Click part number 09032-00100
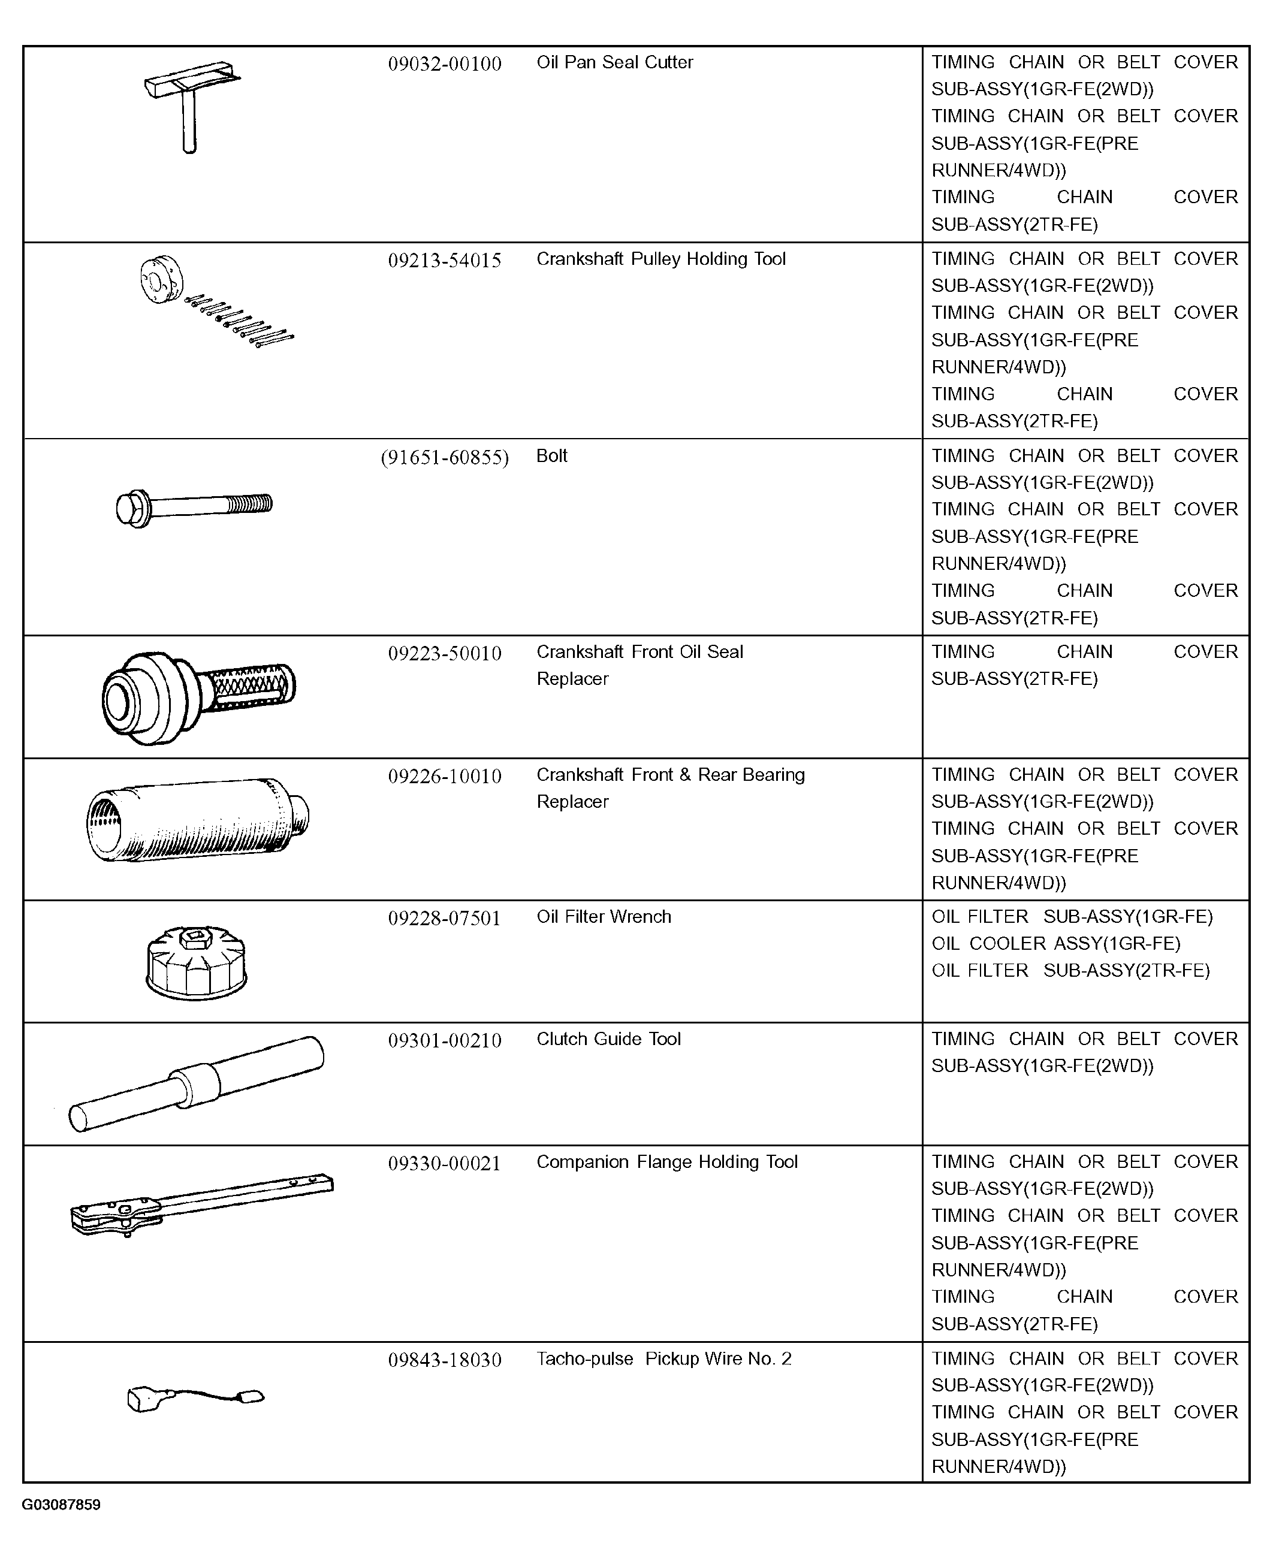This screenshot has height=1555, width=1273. tap(444, 64)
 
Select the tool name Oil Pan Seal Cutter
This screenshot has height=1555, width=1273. tap(614, 62)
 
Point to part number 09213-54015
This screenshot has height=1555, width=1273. tap(444, 260)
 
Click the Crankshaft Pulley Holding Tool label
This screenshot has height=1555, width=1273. tap(660, 259)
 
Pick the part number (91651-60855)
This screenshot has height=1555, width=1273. tap(444, 457)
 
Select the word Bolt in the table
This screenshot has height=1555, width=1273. tap(551, 455)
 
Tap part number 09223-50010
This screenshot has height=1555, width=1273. tap(444, 653)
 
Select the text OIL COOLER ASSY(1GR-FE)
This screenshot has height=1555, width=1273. tap(1056, 944)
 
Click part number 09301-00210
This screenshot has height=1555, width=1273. tap(444, 1040)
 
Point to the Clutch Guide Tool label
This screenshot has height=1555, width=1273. tap(609, 1039)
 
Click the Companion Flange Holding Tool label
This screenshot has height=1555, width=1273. tap(666, 1162)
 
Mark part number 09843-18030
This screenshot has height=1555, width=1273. tap(444, 1360)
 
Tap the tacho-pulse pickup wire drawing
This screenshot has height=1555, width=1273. tap(195, 1398)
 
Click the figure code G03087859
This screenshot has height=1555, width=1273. tap(61, 1505)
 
